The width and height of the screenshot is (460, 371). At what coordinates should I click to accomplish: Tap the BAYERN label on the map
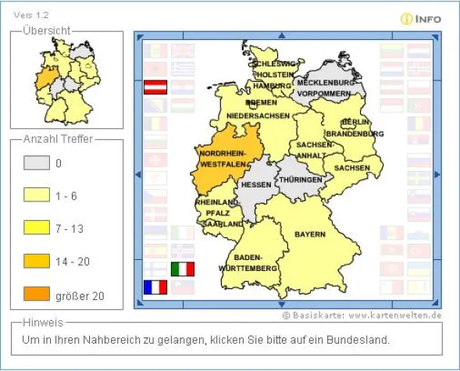309,234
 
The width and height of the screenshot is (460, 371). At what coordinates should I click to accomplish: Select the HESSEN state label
255,185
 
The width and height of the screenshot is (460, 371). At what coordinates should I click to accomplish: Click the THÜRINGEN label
301,180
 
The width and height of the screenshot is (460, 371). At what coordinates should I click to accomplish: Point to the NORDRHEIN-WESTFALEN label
223,159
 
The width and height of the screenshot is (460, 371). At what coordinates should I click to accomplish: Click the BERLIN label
355,123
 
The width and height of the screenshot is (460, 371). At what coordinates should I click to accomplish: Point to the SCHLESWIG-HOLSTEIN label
274,69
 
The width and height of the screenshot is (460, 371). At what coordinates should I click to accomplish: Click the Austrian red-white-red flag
155,86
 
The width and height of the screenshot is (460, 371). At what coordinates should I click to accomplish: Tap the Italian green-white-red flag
182,269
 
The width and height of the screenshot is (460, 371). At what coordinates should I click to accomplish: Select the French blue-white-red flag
155,287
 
